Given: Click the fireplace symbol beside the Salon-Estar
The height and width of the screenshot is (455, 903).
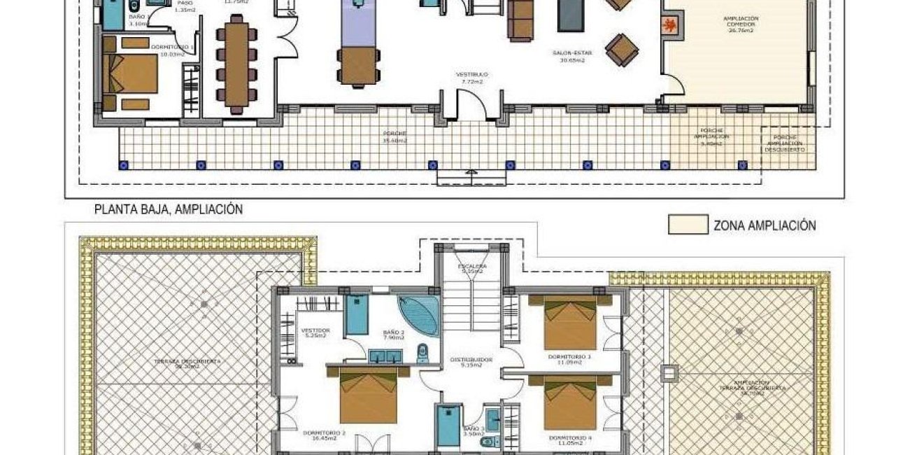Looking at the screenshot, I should pyautogui.click(x=670, y=25).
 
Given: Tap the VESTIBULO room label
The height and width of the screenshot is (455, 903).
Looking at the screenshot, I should pyautogui.click(x=471, y=78).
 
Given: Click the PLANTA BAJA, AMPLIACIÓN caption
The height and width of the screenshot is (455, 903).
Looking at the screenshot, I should pyautogui.click(x=168, y=209).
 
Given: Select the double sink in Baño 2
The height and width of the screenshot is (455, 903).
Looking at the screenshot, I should pyautogui.click(x=385, y=356).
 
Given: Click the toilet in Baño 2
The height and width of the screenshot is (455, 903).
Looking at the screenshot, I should pyautogui.click(x=422, y=353).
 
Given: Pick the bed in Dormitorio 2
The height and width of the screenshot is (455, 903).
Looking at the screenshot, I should pyautogui.click(x=368, y=395).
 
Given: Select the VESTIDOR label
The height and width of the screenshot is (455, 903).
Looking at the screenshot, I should pyautogui.click(x=315, y=332).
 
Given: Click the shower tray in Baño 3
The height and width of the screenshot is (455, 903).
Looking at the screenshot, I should pyautogui.click(x=448, y=426).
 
